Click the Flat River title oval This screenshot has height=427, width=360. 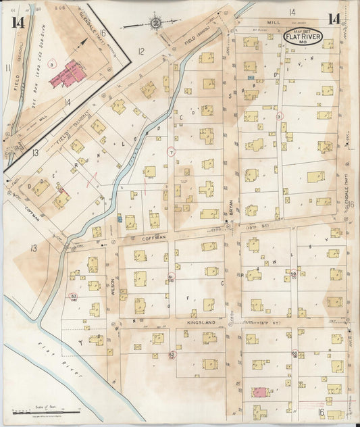303,36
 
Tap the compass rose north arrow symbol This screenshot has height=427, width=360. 156,22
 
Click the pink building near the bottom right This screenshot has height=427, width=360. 259,392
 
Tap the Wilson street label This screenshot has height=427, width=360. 113,286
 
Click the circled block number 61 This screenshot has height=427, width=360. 171,277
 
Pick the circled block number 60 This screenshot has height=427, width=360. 294,353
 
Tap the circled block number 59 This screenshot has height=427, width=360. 294,274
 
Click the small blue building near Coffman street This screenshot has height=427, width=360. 120,219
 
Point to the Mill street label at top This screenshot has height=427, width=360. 273,22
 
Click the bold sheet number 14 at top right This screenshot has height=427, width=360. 334,20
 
